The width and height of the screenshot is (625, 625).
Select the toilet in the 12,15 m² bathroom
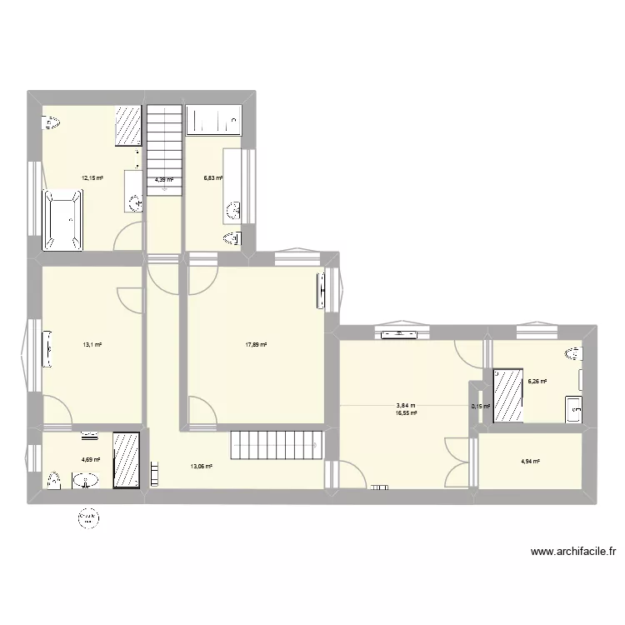(x=52, y=124)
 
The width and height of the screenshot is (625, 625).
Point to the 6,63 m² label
(x=213, y=177)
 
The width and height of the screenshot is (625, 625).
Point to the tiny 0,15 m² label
(x=481, y=407)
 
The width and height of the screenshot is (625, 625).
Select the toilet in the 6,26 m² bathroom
(x=573, y=355)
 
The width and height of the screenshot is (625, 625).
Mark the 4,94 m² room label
(x=530, y=462)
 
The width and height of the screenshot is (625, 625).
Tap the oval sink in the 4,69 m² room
(x=86, y=479)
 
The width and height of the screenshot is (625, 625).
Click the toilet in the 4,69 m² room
(x=55, y=481)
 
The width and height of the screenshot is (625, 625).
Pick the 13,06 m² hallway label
(x=202, y=467)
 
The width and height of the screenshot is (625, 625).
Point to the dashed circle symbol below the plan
(x=87, y=519)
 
